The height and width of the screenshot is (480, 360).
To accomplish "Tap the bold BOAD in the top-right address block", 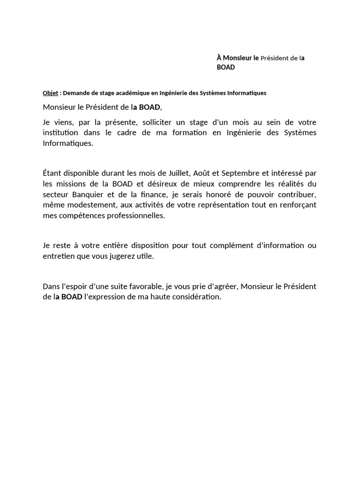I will coord(225,67).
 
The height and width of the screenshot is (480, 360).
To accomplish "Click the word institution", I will coord(60,133).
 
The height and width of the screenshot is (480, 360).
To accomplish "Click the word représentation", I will coord(227,205).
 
